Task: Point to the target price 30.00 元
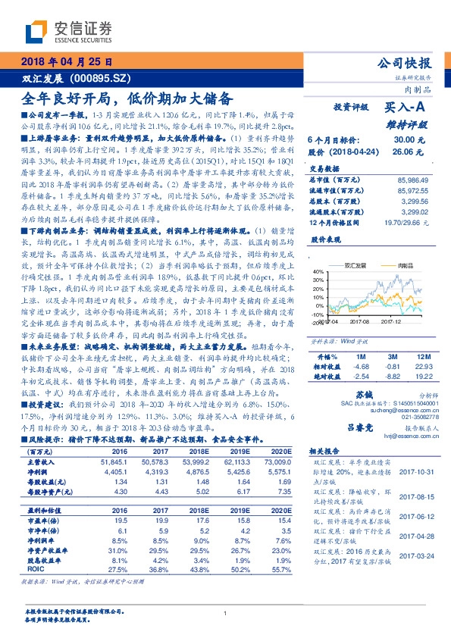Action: coord(402,139)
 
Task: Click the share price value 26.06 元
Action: coord(402,152)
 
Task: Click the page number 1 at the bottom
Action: coord(225,614)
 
